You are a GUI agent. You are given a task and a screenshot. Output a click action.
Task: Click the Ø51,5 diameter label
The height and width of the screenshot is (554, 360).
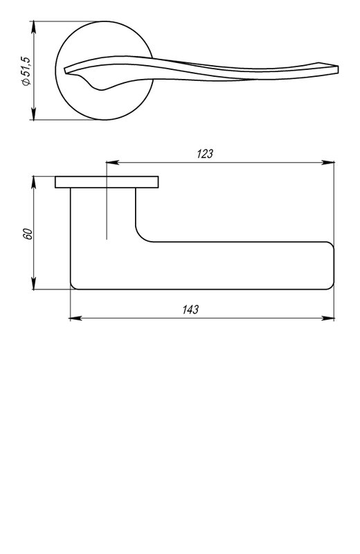(x=26, y=71)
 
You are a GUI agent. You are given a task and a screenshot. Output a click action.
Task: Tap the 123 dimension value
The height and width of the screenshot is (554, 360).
(x=205, y=154)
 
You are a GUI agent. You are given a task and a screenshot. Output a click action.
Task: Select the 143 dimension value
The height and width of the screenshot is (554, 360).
(x=190, y=310)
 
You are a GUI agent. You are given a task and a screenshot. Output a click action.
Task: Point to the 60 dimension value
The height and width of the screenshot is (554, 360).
(x=28, y=234)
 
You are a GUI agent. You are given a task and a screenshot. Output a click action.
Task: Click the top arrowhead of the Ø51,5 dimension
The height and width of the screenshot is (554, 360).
(x=33, y=27)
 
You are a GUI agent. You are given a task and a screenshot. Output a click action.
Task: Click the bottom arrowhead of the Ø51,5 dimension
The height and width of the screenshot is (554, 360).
(x=33, y=114)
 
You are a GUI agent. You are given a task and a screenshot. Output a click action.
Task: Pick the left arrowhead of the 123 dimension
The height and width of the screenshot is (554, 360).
(x=112, y=163)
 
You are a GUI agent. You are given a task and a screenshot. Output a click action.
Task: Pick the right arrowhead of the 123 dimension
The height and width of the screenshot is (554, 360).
(x=328, y=163)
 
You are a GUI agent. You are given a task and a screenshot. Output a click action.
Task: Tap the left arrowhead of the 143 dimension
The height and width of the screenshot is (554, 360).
(x=76, y=319)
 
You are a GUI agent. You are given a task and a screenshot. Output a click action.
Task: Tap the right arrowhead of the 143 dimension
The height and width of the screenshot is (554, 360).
(x=328, y=319)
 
